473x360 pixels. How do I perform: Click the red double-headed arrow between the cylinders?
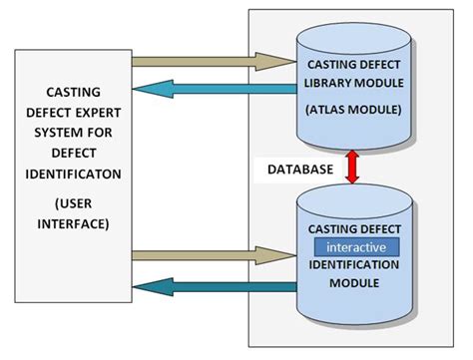(351, 167)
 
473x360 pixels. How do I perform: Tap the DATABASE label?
(299, 170)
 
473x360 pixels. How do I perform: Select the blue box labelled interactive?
(356, 245)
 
